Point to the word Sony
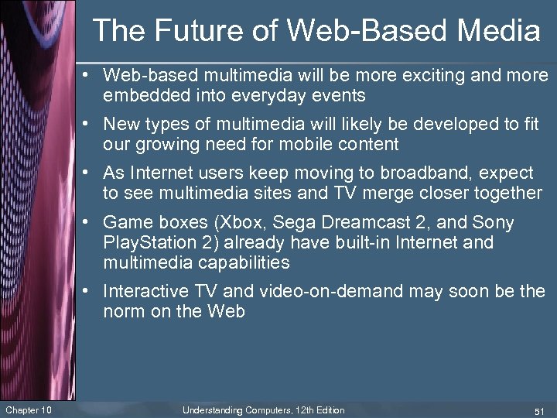[492, 223]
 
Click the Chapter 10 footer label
[29, 409]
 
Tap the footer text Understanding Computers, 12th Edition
[263, 409]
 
